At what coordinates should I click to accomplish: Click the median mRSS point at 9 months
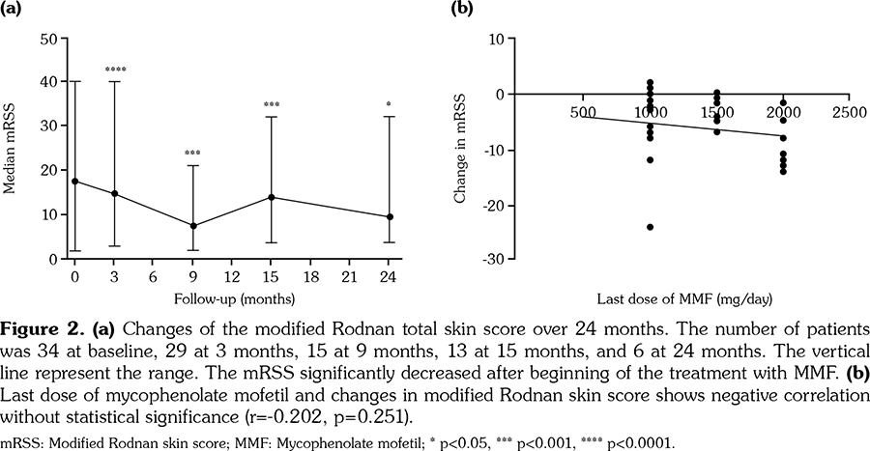(192, 226)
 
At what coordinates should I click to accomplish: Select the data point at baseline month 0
(75, 182)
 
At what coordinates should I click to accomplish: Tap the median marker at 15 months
(272, 197)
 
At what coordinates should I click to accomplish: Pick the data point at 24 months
(389, 217)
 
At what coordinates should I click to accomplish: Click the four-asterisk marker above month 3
(115, 70)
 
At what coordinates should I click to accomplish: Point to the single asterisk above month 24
(389, 104)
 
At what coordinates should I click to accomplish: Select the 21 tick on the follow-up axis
(350, 276)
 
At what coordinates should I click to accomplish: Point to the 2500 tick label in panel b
(848, 113)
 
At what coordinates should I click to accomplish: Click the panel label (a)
(12, 9)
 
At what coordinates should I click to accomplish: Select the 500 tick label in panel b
(583, 113)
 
